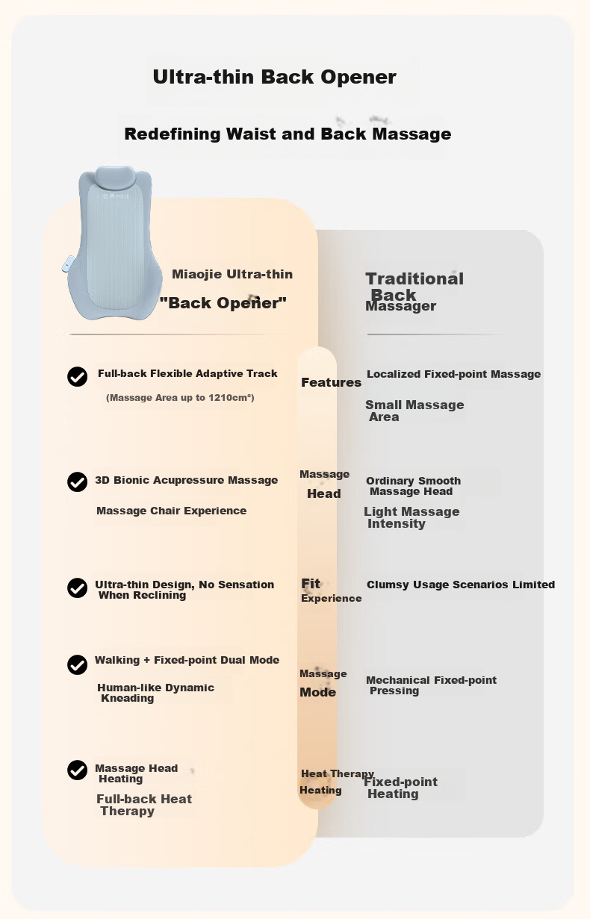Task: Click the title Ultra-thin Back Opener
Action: pos(274,77)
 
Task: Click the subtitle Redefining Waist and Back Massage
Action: pos(288,134)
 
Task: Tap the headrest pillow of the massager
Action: pos(114,177)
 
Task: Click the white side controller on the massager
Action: pos(69,264)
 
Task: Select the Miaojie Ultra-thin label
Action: pos(232,274)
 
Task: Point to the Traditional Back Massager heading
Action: pos(414,291)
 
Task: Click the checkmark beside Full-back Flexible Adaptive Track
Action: pos(77,376)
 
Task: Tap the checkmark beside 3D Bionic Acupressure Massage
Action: pos(77,482)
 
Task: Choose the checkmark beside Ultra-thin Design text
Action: pos(77,588)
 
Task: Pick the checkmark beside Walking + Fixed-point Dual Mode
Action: pos(77,664)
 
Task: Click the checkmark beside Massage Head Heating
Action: pos(77,770)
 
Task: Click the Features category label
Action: pos(331,382)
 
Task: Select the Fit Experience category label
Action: pos(331,591)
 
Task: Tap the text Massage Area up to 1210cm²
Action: pos(180,398)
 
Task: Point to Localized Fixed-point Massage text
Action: pos(453,374)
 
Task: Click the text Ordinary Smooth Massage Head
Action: pos(413,486)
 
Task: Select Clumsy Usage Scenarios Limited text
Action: pos(460,585)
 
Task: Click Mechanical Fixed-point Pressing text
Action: pos(431,685)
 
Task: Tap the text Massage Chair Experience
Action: pos(172,511)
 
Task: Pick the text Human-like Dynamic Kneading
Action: pos(155,693)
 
